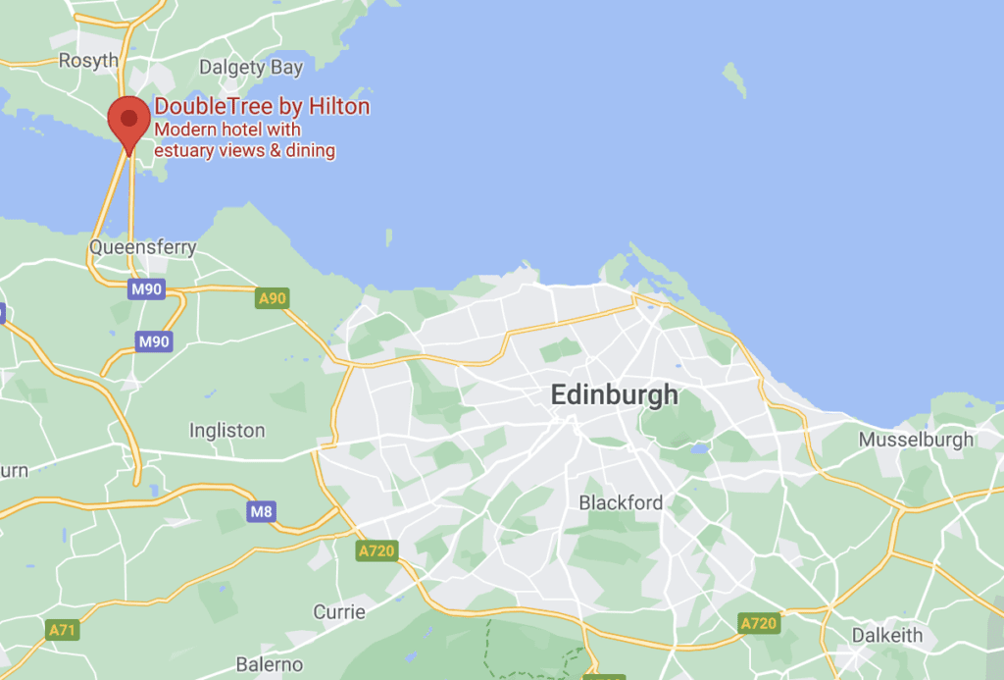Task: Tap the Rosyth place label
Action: (x=88, y=61)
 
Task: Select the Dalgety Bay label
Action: (x=251, y=68)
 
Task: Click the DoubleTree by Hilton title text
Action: (x=262, y=107)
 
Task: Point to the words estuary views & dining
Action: (x=245, y=150)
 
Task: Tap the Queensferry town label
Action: (x=143, y=247)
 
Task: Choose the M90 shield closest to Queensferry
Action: (x=147, y=289)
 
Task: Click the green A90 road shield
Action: (x=272, y=297)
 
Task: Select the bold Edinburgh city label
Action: (x=614, y=394)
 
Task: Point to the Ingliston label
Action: (x=226, y=430)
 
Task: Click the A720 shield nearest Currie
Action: (x=376, y=550)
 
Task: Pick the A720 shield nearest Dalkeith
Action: (x=758, y=623)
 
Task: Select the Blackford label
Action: (x=621, y=502)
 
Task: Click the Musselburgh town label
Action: (x=916, y=439)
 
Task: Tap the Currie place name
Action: (x=339, y=611)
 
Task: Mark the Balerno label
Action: (x=269, y=664)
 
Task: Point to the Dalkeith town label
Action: (x=886, y=635)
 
